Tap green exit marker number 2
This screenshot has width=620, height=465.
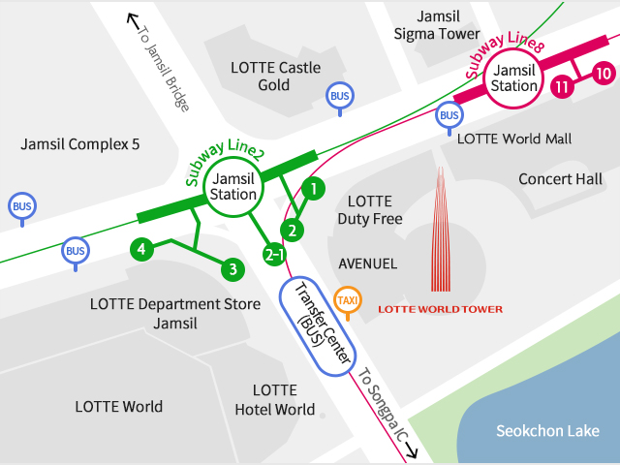pyautogui.click(x=292, y=230)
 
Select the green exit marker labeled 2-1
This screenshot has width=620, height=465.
pyautogui.click(x=275, y=256)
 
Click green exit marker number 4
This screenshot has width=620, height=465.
pyautogui.click(x=141, y=249)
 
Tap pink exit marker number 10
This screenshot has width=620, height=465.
pyautogui.click(x=603, y=73)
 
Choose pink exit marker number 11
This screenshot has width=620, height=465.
pyautogui.click(x=561, y=87)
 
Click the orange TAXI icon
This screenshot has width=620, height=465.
pyautogui.click(x=347, y=300)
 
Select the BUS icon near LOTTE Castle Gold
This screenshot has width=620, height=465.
pyautogui.click(x=339, y=96)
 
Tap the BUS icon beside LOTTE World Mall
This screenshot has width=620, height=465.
pyautogui.click(x=449, y=116)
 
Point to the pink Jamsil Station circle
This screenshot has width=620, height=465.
pyautogui.click(x=513, y=77)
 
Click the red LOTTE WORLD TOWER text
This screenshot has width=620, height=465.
pyautogui.click(x=441, y=310)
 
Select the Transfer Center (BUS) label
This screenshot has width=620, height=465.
pyautogui.click(x=317, y=325)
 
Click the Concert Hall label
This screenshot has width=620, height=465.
pyautogui.click(x=560, y=179)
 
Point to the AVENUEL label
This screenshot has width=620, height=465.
pyautogui.click(x=367, y=263)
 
